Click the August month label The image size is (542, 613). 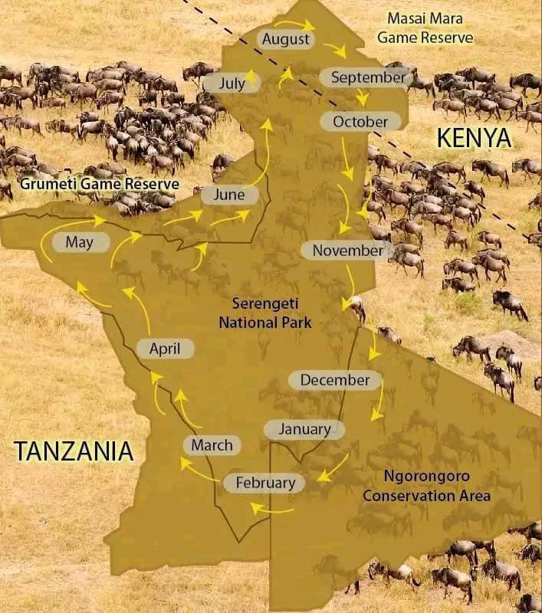click(x=285, y=39)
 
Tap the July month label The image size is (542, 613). click(x=232, y=82)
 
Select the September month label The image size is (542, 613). click(x=363, y=77)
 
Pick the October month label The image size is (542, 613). click(x=360, y=121)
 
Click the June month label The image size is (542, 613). click(x=228, y=195)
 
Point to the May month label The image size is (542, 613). click(x=80, y=242)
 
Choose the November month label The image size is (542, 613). click(x=347, y=250)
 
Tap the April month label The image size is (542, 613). click(x=165, y=349)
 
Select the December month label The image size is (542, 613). click(x=334, y=379)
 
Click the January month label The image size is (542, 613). click(x=304, y=429)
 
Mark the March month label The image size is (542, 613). click(x=212, y=444)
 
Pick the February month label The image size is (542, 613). click(x=265, y=483)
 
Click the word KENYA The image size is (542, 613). click(x=473, y=138)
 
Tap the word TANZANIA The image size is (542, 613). click(x=74, y=451)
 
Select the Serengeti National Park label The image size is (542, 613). click(x=265, y=313)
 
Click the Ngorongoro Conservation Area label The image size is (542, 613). click(x=426, y=486)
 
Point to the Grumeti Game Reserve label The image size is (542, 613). click(x=100, y=184)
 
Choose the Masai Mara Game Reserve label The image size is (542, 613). click(x=430, y=28)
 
